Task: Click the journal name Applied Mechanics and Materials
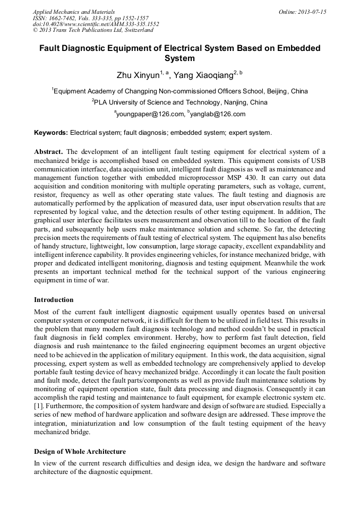tap(74, 12)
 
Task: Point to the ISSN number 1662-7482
tap(65, 18)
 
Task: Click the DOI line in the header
tap(96, 24)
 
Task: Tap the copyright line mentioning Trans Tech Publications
tap(93, 30)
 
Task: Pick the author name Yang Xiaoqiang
tap(203, 75)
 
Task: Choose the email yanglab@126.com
tap(218, 114)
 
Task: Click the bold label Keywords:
tap(51, 132)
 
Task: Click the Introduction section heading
tap(54, 300)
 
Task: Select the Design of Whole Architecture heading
tap(80, 452)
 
